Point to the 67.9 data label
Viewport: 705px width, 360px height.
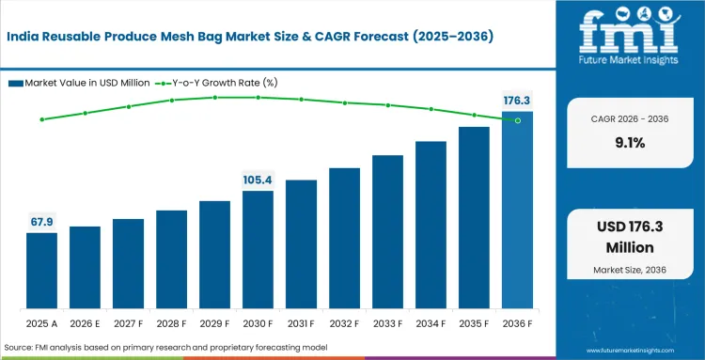pyautogui.click(x=41, y=222)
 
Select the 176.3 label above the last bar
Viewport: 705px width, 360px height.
pyautogui.click(x=517, y=100)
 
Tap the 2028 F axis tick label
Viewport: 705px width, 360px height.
pyautogui.click(x=171, y=324)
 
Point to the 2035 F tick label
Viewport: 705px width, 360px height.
pyautogui.click(x=474, y=324)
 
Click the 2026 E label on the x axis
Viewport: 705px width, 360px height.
pyautogui.click(x=85, y=324)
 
